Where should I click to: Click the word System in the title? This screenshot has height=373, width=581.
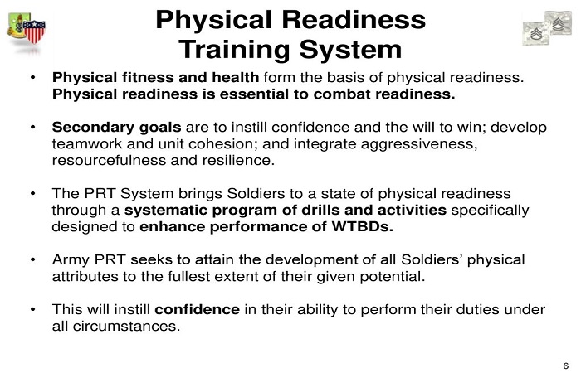click(350, 50)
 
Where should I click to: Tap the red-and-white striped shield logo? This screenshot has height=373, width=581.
click(34, 31)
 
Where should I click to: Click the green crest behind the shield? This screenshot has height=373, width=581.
click(17, 26)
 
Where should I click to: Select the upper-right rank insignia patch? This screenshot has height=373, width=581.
click(558, 22)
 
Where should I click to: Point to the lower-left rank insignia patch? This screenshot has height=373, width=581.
click(536, 33)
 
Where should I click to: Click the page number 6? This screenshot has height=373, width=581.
click(566, 366)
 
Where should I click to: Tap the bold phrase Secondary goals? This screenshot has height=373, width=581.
click(117, 128)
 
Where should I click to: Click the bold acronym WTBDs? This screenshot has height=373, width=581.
click(362, 226)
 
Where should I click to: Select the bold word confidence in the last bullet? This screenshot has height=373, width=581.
click(198, 309)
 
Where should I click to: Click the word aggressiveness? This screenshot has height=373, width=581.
click(418, 144)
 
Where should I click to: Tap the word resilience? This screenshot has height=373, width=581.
click(238, 161)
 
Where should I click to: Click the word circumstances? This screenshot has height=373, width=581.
click(126, 327)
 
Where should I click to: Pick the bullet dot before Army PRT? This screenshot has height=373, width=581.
click(33, 260)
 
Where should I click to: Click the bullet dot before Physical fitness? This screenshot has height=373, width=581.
click(33, 78)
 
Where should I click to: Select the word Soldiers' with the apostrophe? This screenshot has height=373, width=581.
click(432, 259)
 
